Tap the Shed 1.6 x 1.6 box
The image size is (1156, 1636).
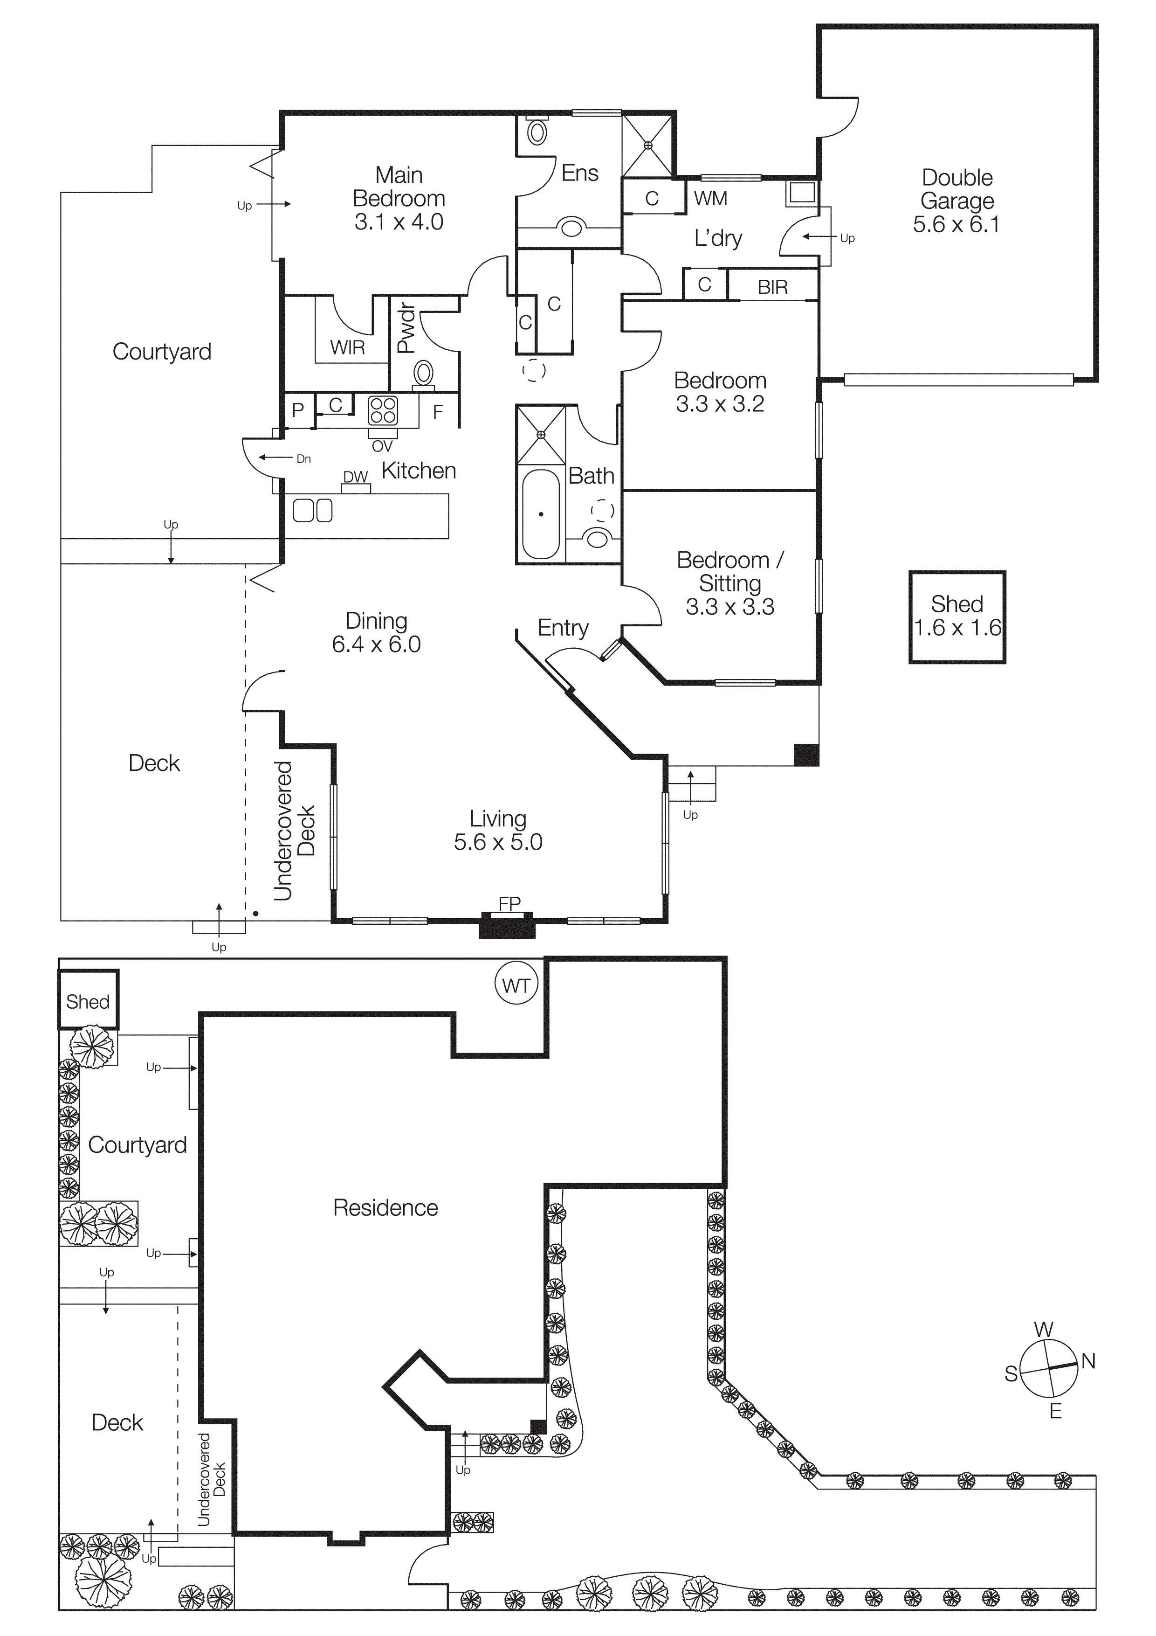click(956, 617)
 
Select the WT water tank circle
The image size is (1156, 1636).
click(516, 985)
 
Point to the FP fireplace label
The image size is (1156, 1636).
click(509, 903)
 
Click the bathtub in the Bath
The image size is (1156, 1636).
click(541, 514)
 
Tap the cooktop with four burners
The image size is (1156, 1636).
click(383, 411)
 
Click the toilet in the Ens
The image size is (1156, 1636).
click(537, 132)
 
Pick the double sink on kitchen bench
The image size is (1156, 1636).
click(313, 510)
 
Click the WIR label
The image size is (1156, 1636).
click(348, 348)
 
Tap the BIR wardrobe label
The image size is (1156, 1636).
click(772, 287)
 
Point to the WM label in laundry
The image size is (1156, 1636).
click(710, 199)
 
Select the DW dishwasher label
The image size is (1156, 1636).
click(355, 477)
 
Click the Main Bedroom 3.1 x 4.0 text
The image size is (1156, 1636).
click(399, 198)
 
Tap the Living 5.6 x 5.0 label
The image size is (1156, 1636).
click(498, 830)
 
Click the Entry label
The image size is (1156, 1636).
click(563, 628)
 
